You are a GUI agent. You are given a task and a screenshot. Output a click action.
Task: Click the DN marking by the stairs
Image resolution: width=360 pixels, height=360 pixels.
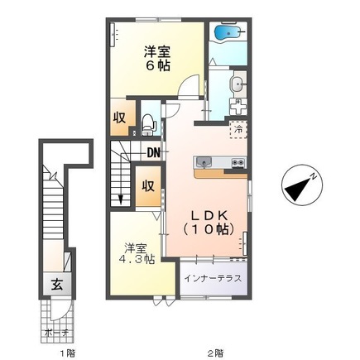153,152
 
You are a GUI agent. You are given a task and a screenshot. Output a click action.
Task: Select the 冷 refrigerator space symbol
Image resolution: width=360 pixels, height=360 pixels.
238,130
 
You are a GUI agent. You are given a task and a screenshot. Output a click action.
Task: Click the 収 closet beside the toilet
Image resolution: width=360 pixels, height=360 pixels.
120,117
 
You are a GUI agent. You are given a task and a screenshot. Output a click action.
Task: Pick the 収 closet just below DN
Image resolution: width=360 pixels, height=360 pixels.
147,185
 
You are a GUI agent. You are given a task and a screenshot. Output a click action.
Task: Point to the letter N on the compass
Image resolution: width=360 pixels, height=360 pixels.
314,176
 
